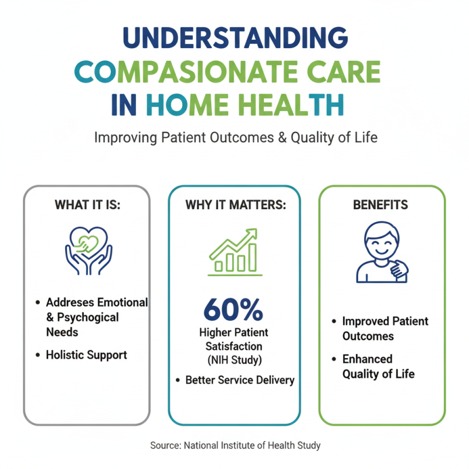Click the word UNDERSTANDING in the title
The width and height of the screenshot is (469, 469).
click(235, 39)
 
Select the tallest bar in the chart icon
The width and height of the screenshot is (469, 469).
click(252, 257)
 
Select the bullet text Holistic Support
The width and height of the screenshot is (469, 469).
click(86, 355)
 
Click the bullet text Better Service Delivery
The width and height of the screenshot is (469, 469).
click(240, 380)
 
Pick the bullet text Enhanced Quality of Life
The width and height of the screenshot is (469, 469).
click(378, 366)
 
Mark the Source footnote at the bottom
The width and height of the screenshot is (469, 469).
click(235, 446)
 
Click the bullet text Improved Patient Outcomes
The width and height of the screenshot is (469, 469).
click(385, 329)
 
